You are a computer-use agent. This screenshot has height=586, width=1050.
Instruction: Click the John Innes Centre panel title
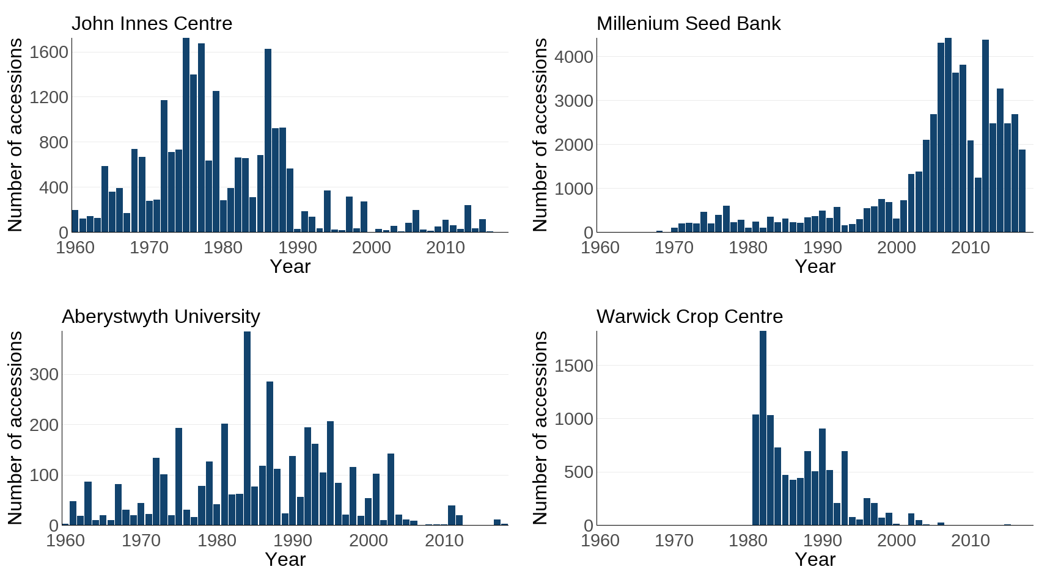[x=152, y=23]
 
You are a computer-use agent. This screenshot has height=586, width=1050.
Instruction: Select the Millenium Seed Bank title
[x=688, y=23]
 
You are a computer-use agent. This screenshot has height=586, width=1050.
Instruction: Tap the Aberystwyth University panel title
[x=161, y=316]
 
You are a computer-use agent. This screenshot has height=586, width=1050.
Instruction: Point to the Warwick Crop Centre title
[x=689, y=316]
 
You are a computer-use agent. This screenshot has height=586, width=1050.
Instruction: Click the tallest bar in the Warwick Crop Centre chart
[x=763, y=427]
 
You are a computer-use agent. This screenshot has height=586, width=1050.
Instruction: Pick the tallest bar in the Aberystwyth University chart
[x=247, y=427]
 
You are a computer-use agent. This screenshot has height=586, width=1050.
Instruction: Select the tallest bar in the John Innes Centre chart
[x=186, y=134]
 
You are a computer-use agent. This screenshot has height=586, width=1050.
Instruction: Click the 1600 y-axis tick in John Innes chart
[x=49, y=52]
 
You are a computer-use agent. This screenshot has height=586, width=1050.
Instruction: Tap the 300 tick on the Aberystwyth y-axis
[x=44, y=374]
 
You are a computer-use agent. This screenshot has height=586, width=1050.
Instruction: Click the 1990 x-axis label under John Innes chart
[x=298, y=247]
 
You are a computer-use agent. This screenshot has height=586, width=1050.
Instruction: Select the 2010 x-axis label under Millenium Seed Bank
[x=970, y=247]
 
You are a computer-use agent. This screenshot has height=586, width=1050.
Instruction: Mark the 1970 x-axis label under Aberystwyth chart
[x=141, y=540]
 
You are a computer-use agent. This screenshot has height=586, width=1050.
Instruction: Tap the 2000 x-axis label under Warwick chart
[x=896, y=540]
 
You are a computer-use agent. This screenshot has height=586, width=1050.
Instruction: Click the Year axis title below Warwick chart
[x=815, y=559]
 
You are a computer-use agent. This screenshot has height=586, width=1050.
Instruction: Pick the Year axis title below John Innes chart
[x=290, y=266]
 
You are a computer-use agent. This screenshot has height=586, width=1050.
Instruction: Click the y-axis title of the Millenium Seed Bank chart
[x=540, y=134]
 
